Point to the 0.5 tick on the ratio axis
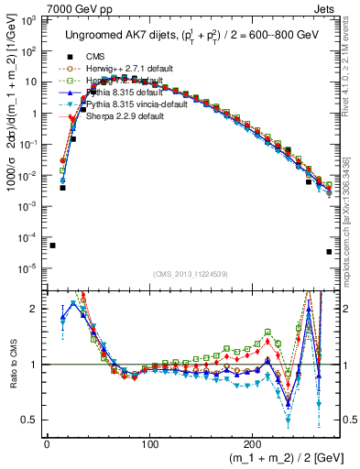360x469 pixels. pos(30,420)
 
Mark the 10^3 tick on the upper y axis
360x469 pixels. pos(29,21)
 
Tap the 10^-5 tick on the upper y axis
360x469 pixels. pos(29,267)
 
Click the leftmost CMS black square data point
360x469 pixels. pos(52,245)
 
